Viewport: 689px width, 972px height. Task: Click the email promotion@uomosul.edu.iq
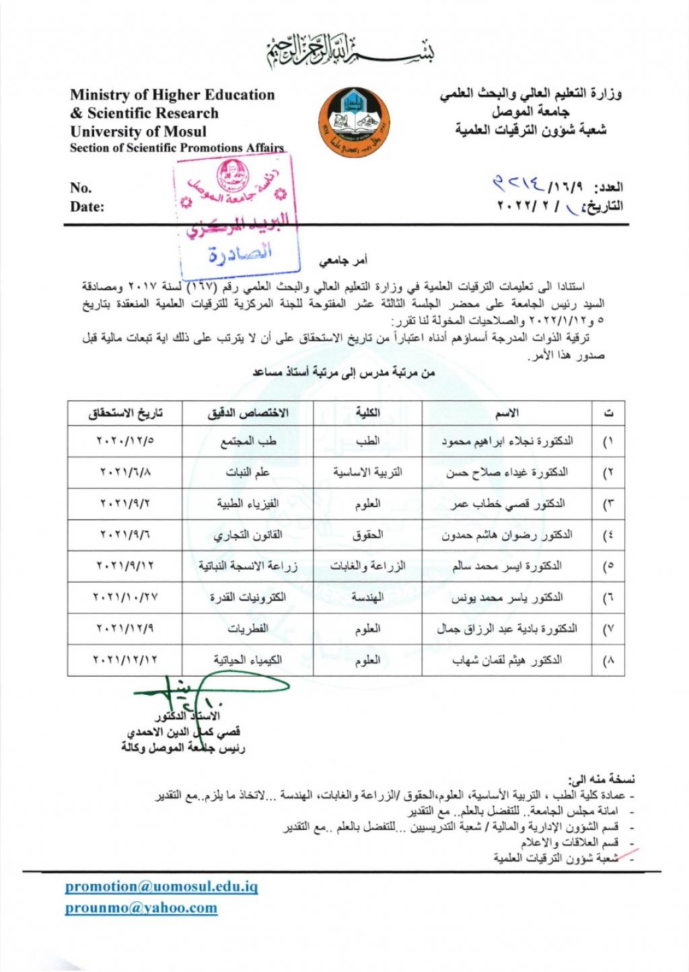pos(161,887)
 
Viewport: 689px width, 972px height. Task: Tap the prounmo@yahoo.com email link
pos(141,908)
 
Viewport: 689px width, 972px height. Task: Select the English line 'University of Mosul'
pos(138,131)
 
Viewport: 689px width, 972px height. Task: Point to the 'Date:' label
pos(87,207)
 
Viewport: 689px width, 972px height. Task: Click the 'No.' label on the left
pos(80,188)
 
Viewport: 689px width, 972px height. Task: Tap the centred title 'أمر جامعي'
pos(343,260)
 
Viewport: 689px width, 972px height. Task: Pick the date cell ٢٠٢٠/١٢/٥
pos(125,441)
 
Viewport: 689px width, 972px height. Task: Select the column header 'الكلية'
pos(367,412)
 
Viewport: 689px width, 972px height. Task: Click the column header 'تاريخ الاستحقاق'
pos(125,412)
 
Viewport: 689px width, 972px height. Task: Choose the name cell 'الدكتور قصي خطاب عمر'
pos(507,503)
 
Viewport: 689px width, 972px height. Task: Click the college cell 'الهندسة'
pos(367,597)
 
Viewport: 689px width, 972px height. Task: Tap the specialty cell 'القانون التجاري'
pos(248,535)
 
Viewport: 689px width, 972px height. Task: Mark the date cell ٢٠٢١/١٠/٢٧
pos(125,597)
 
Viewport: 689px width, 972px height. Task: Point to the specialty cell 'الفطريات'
pos(248,629)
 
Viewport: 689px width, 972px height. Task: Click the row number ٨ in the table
pos(608,661)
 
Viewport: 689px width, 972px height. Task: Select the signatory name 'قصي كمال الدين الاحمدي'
pos(184,731)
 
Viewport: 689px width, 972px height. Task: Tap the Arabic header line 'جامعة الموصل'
pos(530,112)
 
